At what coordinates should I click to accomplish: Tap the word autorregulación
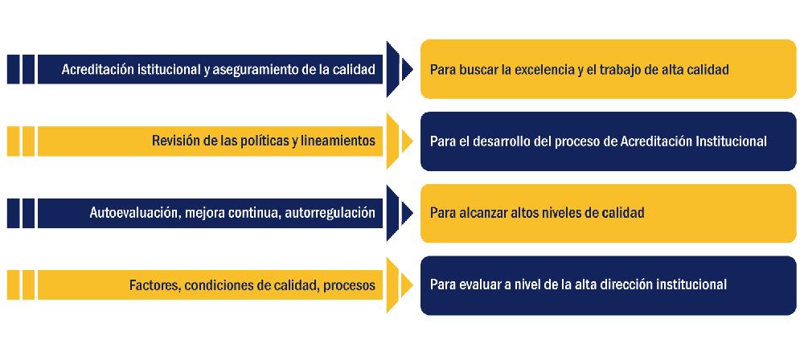(x=328, y=213)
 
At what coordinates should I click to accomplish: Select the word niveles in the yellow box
(x=560, y=212)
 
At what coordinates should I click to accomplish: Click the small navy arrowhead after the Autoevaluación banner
(x=407, y=213)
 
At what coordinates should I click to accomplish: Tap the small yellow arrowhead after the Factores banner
(x=407, y=285)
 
